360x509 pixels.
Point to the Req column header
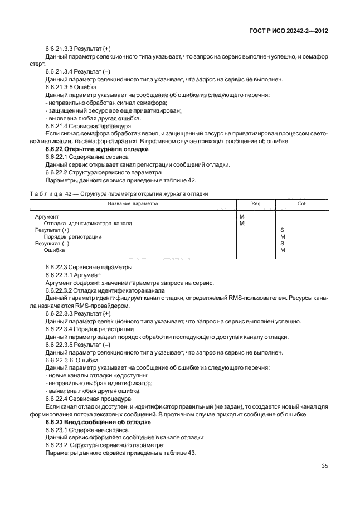[x=256, y=203]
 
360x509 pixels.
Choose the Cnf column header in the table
[x=301, y=203]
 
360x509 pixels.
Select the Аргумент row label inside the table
[x=47, y=216]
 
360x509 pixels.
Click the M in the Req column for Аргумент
[x=241, y=216]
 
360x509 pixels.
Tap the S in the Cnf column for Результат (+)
[x=282, y=230]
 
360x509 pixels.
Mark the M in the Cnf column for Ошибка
[x=283, y=250]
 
